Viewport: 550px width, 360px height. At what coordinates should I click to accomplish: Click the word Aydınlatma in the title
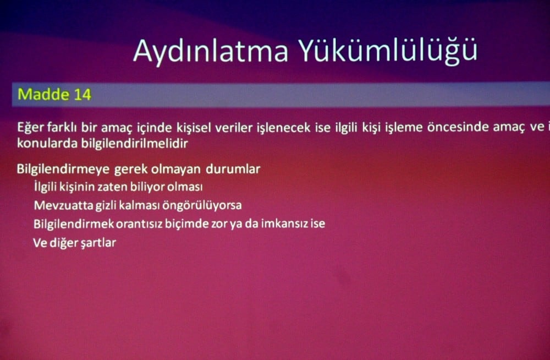pyautogui.click(x=211, y=51)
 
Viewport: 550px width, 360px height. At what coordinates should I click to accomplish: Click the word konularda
pyautogui.click(x=42, y=143)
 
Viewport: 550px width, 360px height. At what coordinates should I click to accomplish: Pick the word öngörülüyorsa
pyautogui.click(x=207, y=205)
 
